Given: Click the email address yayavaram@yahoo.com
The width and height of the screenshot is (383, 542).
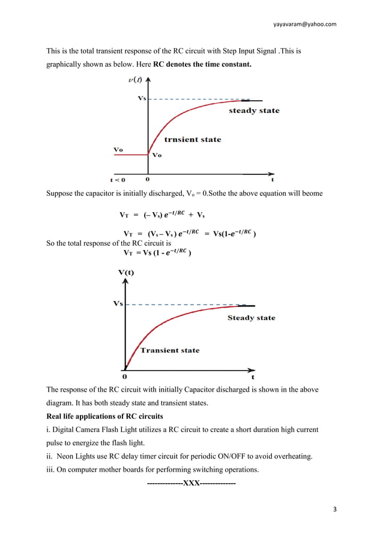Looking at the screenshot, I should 304,24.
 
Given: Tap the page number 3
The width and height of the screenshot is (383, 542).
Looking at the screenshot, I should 335,510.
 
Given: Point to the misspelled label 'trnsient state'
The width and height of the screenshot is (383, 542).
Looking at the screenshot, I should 193,139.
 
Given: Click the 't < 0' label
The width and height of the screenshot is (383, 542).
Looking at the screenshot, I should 118,179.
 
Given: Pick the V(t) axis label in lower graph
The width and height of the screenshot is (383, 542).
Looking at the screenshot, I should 126,272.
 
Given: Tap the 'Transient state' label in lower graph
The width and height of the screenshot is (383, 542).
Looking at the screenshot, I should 169,350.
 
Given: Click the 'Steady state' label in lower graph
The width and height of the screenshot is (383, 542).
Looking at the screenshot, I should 251,318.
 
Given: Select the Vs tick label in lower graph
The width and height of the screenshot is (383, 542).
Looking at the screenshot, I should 118,303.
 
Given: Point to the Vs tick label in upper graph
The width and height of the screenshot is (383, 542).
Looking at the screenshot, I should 142,98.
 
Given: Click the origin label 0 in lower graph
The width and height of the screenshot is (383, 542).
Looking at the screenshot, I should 124,377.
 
